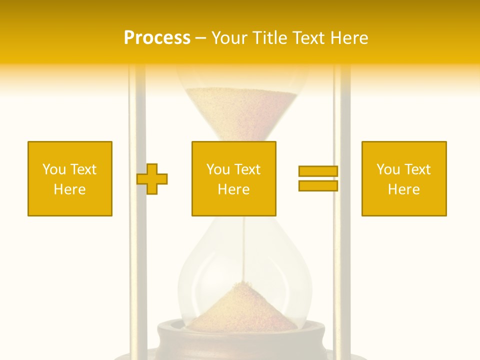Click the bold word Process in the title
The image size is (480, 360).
point(157,38)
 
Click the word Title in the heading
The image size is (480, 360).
point(269,38)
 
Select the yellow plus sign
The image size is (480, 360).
point(152,178)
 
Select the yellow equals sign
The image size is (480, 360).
point(318,178)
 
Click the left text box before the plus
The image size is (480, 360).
point(70,178)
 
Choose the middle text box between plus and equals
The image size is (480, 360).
point(233,178)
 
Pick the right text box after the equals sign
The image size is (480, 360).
point(404,178)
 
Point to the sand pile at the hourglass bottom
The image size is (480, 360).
point(244,307)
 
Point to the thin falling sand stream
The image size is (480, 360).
point(244,250)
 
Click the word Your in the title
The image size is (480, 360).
point(229,38)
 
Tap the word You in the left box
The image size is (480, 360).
point(54,169)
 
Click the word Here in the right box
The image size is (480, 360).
point(404,189)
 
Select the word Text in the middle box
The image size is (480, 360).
point(247,169)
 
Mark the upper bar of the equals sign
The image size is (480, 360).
point(318,171)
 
